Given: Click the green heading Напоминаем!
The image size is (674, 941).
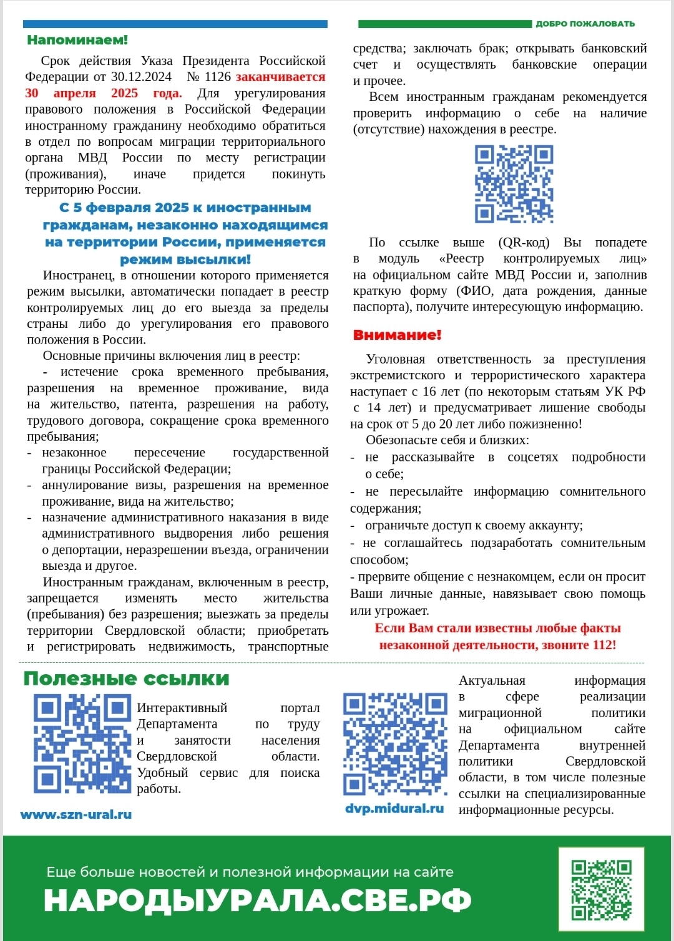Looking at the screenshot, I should (x=77, y=40).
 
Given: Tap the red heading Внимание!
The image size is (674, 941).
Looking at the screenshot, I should (x=397, y=335).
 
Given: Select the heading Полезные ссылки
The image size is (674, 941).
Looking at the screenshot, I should (x=126, y=679).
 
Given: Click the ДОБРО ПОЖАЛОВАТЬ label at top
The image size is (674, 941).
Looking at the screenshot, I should (x=585, y=24).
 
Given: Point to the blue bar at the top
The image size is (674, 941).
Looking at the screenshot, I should (x=175, y=24).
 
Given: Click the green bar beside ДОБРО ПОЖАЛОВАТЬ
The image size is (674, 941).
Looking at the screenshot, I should (x=444, y=24).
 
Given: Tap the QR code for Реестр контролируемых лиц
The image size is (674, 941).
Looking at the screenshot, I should (x=514, y=184).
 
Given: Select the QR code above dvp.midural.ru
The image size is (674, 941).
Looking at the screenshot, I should (x=395, y=745).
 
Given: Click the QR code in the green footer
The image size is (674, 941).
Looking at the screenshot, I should (x=602, y=890).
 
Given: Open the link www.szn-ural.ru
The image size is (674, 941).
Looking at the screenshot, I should (x=76, y=814).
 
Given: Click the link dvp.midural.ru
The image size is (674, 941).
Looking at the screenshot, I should (x=394, y=809).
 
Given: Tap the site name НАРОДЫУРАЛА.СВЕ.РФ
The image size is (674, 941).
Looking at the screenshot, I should (x=257, y=900).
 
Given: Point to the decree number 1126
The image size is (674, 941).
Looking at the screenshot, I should (x=218, y=77).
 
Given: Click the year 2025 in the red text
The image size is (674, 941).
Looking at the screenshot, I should (x=124, y=93).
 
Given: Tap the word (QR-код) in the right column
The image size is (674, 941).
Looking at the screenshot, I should (x=524, y=242).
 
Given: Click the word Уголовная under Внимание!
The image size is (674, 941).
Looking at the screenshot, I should (x=395, y=359).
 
